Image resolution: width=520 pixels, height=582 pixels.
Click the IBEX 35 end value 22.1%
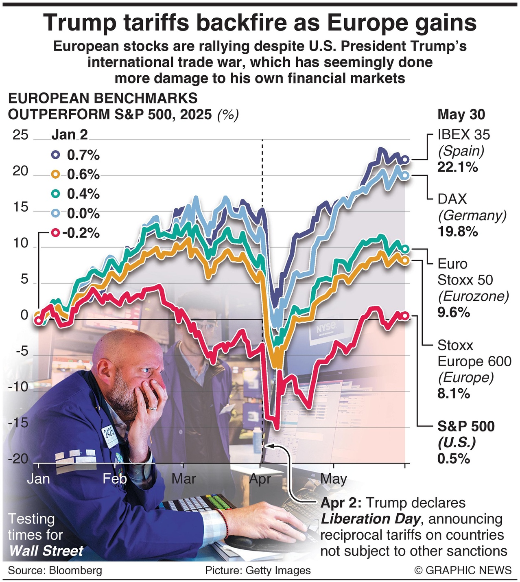click(x=457, y=167)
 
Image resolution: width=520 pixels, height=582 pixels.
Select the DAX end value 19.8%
click(x=457, y=232)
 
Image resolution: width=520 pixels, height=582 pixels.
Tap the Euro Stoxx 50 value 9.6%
click(x=454, y=313)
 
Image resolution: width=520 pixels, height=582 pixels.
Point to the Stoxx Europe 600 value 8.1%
click(x=454, y=394)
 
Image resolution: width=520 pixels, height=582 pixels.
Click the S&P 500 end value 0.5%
click(x=454, y=459)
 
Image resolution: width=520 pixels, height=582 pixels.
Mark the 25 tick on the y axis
click(x=20, y=135)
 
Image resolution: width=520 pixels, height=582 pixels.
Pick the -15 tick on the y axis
click(x=18, y=423)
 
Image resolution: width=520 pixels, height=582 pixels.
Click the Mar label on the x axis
click(x=184, y=479)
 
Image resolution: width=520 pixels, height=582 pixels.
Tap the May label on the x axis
click(x=334, y=479)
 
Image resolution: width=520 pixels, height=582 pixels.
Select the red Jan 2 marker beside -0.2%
click(x=56, y=233)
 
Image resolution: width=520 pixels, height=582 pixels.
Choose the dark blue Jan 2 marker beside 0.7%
click(x=56, y=155)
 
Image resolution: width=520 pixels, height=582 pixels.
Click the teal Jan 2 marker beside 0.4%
click(x=56, y=194)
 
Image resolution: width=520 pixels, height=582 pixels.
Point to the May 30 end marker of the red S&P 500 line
click(x=405, y=316)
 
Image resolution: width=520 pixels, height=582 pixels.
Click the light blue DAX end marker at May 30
click(x=405, y=175)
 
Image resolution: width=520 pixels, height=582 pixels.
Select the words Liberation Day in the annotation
click(x=370, y=519)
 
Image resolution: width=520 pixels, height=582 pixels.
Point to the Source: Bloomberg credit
click(x=55, y=570)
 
